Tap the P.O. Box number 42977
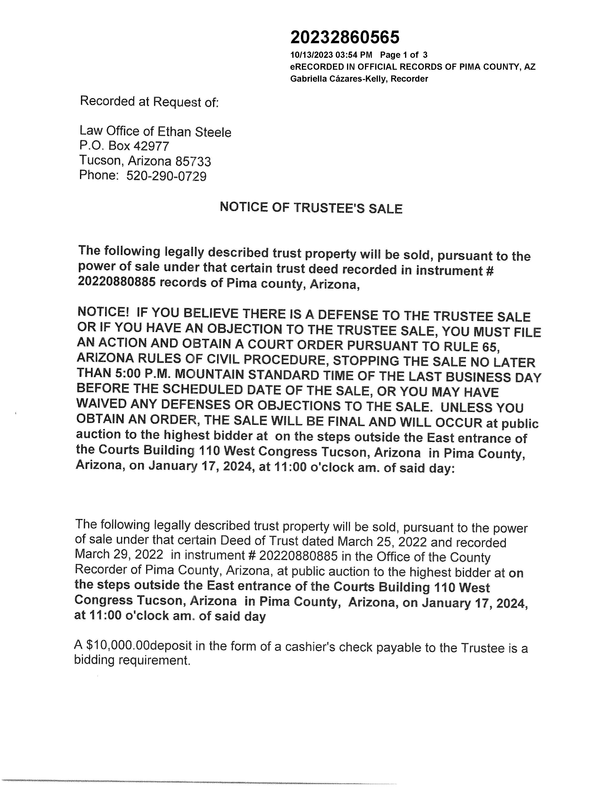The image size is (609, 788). coord(151,146)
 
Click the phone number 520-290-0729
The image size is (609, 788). coord(166,176)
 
